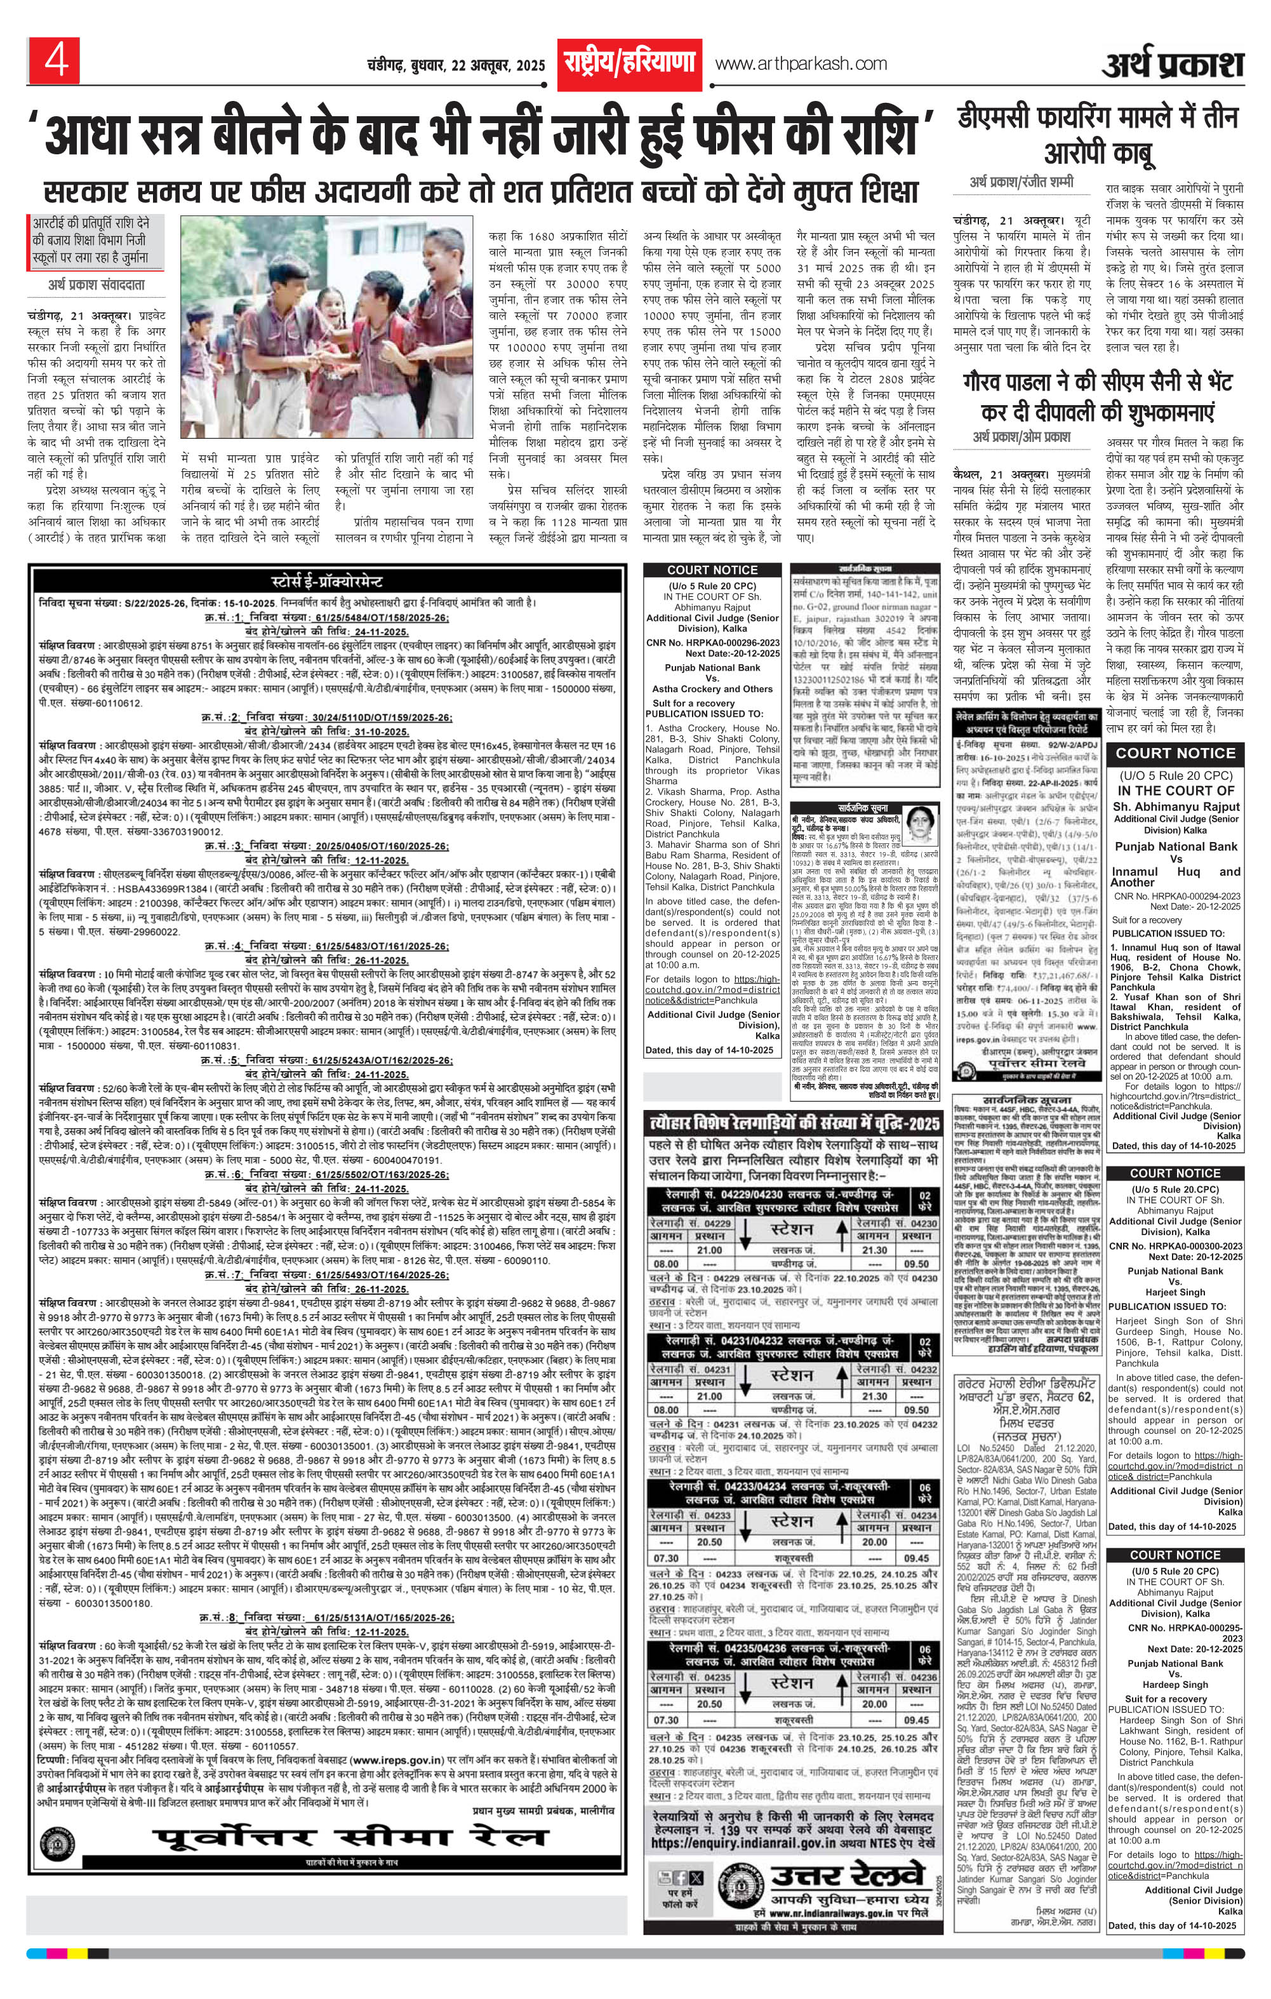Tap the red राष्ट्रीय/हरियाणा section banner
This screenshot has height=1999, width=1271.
[629, 63]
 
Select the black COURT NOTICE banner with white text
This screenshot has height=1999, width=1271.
[1174, 753]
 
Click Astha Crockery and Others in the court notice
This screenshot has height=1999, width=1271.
[712, 688]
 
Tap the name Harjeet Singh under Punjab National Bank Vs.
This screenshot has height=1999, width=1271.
[1174, 1292]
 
